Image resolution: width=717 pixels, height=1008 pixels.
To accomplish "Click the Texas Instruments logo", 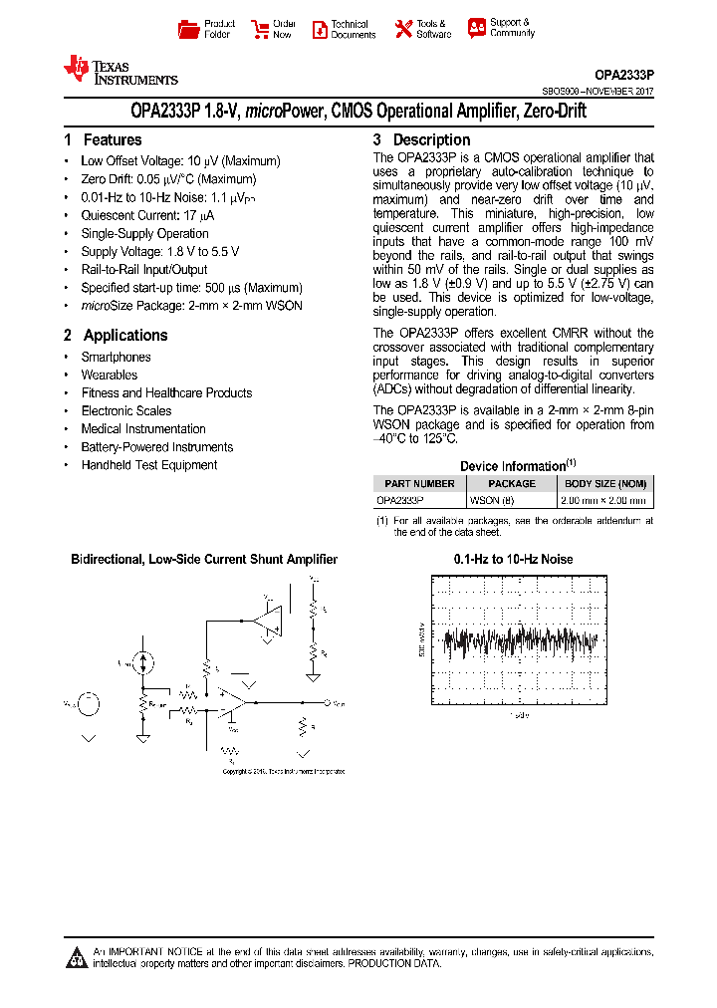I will [x=119, y=71].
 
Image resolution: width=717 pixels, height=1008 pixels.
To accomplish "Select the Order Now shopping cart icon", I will [x=260, y=29].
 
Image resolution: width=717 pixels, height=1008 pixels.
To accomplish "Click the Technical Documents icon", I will [x=320, y=29].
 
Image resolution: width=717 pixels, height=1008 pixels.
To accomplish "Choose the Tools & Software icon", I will [x=403, y=29].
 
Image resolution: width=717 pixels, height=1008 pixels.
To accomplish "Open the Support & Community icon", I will [x=476, y=28].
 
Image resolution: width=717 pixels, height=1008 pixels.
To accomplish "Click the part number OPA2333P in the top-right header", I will [x=623, y=75].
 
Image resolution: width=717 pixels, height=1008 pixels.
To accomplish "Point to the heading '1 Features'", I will [x=103, y=140].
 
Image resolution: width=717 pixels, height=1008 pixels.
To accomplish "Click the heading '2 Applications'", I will [x=116, y=336].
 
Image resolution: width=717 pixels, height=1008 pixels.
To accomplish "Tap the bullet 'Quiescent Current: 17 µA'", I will [x=147, y=215].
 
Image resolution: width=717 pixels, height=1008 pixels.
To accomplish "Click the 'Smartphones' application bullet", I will [x=117, y=358].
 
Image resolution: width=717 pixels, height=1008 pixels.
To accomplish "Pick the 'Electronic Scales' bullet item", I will [x=126, y=411].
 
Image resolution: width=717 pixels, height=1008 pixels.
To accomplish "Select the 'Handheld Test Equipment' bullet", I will [x=149, y=465].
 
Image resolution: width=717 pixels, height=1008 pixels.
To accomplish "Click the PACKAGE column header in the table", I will [x=511, y=484].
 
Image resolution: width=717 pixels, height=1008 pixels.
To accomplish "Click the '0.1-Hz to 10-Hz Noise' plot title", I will [x=513, y=560].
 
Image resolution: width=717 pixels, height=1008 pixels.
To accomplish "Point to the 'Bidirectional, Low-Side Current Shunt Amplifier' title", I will [x=204, y=560].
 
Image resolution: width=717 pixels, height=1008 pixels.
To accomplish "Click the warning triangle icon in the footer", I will [x=77, y=958].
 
